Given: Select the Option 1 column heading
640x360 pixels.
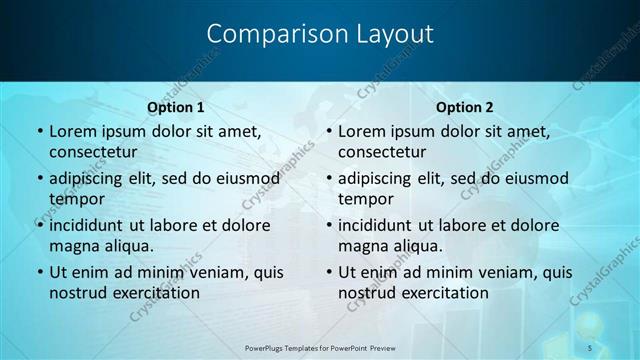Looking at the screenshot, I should click(176, 107).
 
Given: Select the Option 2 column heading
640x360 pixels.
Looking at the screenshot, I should click(465, 107).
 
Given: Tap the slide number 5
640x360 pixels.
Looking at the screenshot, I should click(590, 347).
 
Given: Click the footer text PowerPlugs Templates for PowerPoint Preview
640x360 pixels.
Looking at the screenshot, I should click(321, 347).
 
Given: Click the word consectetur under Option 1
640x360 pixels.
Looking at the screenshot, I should click(92, 152).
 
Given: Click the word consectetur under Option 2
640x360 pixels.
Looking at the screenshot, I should click(381, 152).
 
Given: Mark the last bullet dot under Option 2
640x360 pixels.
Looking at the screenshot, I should click(328, 273).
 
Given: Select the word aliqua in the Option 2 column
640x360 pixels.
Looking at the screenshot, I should click(416, 246).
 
